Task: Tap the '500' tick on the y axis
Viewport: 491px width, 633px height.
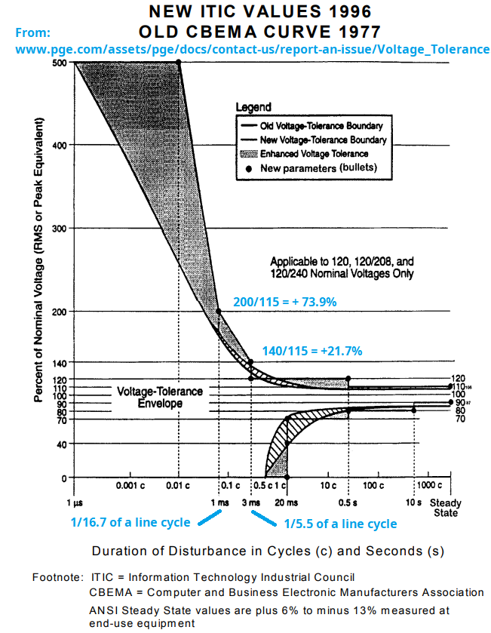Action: tap(58, 63)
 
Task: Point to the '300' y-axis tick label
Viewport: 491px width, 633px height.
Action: tap(58, 228)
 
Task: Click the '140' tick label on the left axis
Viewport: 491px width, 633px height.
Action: tap(58, 363)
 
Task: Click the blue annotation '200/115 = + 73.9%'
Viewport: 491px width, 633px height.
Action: tap(284, 302)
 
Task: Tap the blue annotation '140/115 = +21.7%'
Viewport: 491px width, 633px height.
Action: tap(312, 351)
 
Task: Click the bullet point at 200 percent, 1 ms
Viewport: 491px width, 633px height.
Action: tap(219, 312)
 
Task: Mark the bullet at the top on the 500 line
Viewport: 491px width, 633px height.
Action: tap(179, 62)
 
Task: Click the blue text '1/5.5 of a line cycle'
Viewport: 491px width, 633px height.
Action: tap(339, 524)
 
